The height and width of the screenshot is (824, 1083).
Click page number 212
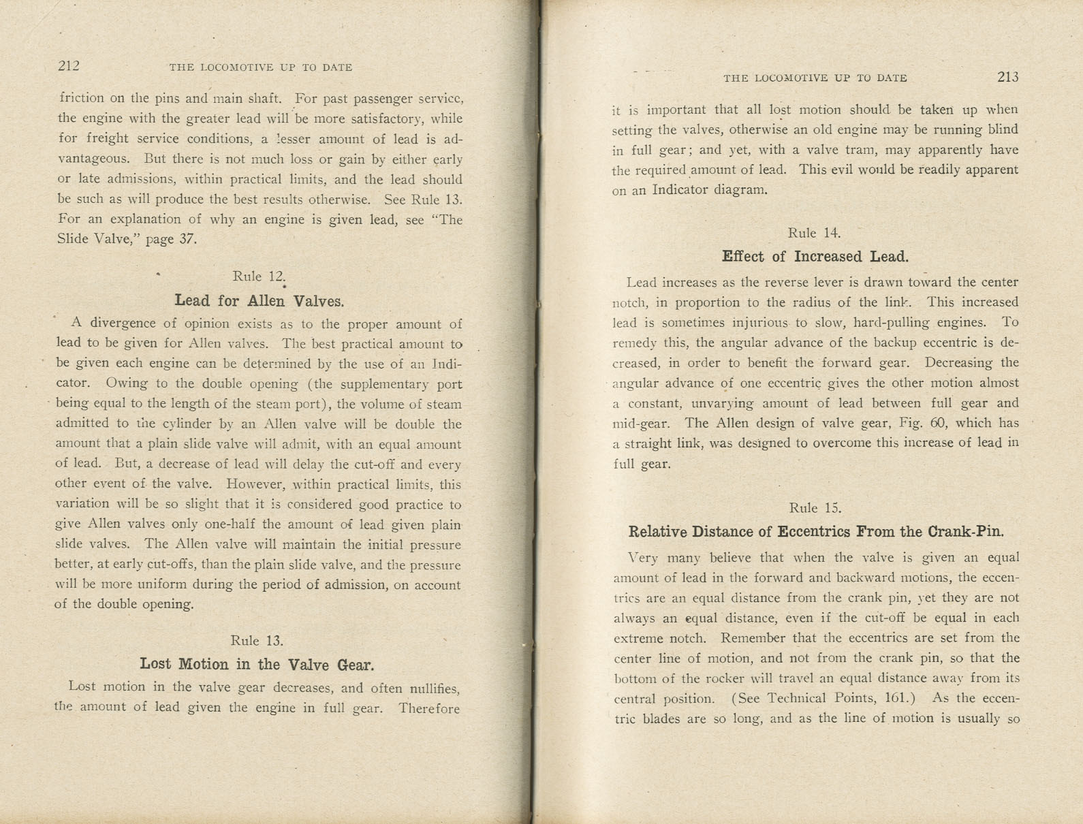click(69, 65)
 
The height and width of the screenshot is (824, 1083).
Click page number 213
click(1007, 77)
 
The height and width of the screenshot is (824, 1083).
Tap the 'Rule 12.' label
click(257, 276)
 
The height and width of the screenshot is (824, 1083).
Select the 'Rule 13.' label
click(256, 641)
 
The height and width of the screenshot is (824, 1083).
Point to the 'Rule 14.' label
click(814, 233)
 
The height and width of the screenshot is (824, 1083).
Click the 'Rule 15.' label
click(815, 508)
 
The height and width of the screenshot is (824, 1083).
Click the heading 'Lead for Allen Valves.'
click(259, 300)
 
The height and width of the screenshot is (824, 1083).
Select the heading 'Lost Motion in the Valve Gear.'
click(257, 664)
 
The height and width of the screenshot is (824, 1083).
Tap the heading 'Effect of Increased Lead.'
click(815, 257)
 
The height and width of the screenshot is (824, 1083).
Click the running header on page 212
click(260, 67)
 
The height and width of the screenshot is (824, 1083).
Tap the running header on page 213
click(815, 78)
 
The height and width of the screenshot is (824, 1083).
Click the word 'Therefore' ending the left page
click(429, 708)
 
